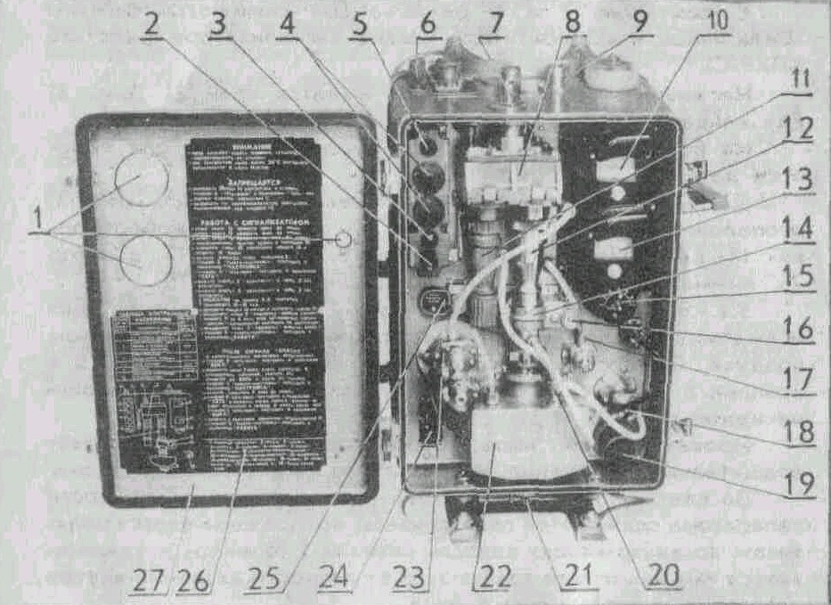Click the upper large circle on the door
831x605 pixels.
point(142,178)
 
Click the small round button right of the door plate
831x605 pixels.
point(342,240)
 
